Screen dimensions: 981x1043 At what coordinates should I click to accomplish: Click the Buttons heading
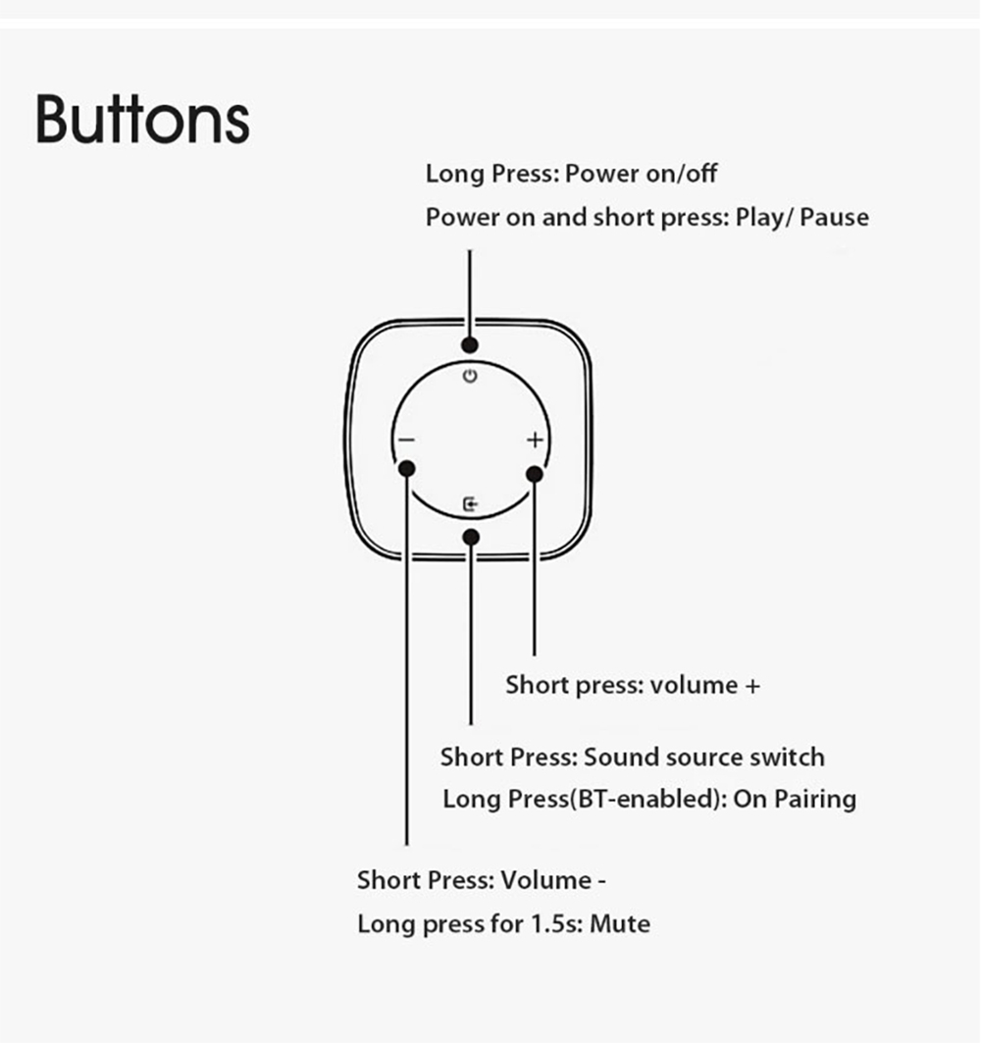[x=142, y=120]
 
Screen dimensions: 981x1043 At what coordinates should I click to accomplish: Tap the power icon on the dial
[x=470, y=376]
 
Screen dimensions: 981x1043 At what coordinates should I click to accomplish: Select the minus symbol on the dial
[x=406, y=441]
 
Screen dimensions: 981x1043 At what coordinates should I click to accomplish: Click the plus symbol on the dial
[x=536, y=440]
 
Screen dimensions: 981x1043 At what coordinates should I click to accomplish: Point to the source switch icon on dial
[x=470, y=505]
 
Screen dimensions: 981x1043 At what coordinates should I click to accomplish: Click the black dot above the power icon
[x=470, y=344]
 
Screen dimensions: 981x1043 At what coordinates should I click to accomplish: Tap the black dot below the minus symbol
[x=407, y=469]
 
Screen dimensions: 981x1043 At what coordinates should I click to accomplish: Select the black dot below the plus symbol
[x=535, y=474]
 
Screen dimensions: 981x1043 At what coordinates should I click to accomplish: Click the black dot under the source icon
[x=471, y=537]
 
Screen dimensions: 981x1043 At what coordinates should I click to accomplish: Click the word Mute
[x=620, y=924]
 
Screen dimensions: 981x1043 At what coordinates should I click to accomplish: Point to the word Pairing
[x=815, y=799]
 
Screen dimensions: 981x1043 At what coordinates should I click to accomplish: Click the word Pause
[x=834, y=218]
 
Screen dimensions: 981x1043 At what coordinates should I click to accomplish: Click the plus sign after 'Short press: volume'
[x=752, y=686]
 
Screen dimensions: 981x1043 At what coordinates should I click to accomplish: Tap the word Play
[x=760, y=218]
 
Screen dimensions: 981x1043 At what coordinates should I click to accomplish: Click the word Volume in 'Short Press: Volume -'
[x=546, y=881]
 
